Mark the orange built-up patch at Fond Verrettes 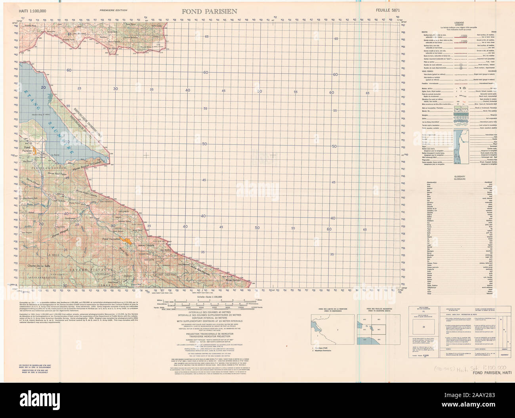pyautogui.click(x=127, y=240)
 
